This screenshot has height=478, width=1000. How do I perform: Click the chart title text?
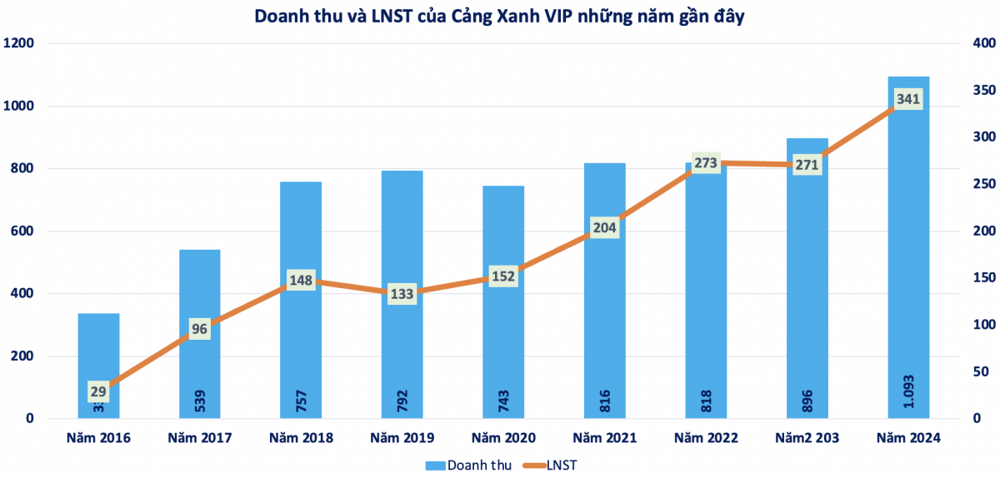pyautogui.click(x=500, y=15)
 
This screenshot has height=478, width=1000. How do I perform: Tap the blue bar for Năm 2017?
pyautogui.click(x=200, y=366)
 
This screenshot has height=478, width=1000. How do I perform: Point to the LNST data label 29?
pyautogui.click(x=99, y=391)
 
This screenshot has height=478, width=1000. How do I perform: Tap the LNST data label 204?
pyautogui.click(x=605, y=228)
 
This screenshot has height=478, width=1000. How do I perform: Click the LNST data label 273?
pyautogui.click(x=706, y=163)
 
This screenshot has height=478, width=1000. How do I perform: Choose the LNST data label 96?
pyautogui.click(x=200, y=328)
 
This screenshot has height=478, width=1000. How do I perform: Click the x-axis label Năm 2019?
pyautogui.click(x=402, y=438)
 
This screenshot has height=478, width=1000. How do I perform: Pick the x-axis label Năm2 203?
pyautogui.click(x=807, y=438)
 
